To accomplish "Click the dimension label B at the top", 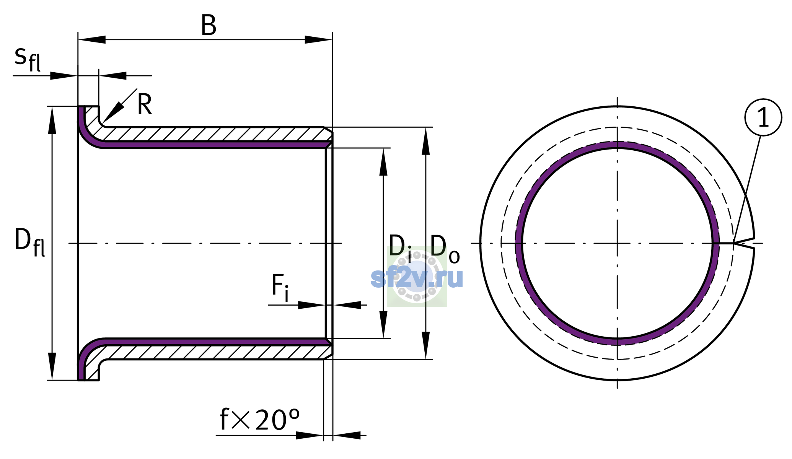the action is point(209,26).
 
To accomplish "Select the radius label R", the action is point(145,104).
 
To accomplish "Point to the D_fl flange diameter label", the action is point(29,242).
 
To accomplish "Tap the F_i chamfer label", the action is point(280,288).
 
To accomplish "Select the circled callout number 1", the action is point(763,117).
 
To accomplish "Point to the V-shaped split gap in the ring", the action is point(744,243).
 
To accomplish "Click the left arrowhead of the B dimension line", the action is point(92,39).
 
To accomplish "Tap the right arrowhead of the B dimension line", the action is point(318,39).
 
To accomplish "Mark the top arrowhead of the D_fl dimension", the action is point(52,120).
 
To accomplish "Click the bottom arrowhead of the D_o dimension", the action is point(426,345).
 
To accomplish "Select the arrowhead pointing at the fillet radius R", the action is point(113,112).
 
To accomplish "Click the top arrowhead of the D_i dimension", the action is point(383,162).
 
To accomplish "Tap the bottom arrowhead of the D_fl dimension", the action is point(52,366).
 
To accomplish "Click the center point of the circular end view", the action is point(617,243).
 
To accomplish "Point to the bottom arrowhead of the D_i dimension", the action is point(383,325).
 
